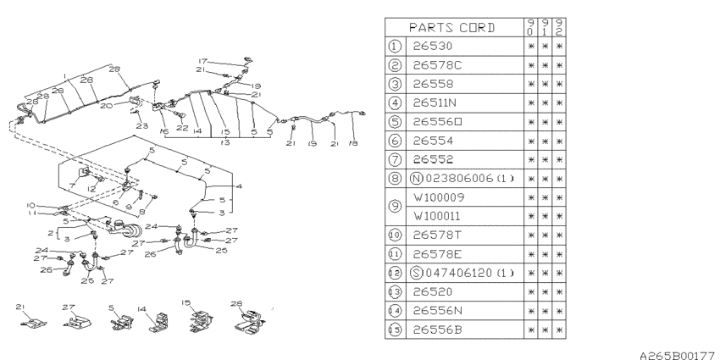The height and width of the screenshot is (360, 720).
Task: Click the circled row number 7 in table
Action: point(396,158)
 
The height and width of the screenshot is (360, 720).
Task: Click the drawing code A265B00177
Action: point(670,350)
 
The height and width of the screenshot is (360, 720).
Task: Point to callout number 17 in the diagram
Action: point(202,60)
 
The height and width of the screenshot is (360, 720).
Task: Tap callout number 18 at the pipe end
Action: point(353,144)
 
